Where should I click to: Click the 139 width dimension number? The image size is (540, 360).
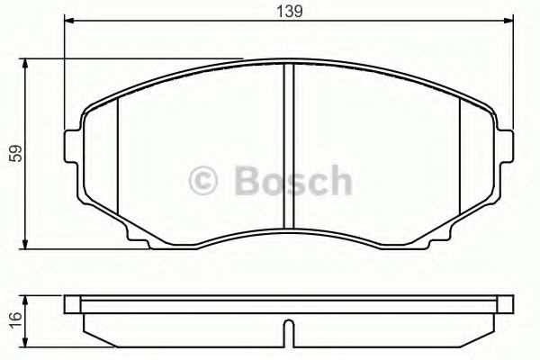click(x=289, y=12)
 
